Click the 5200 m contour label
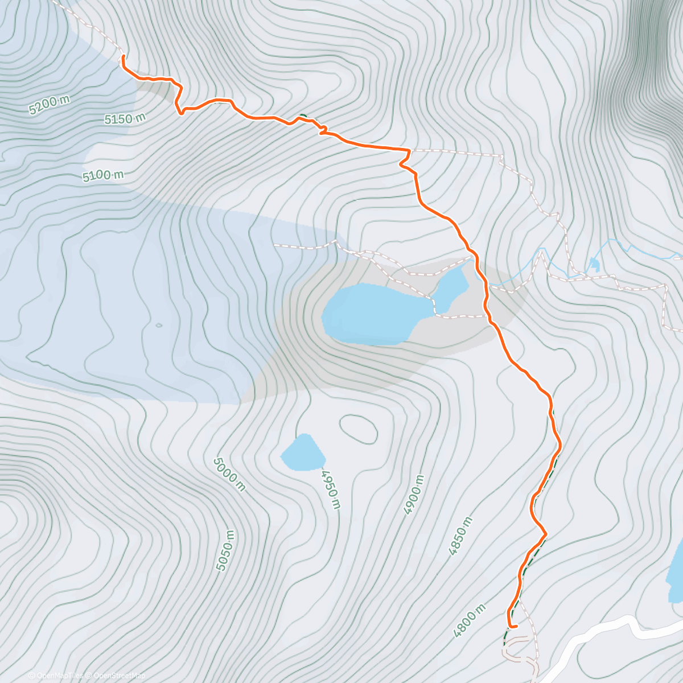[x=49, y=105]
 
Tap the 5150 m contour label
[x=125, y=119]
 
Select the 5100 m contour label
[x=103, y=175]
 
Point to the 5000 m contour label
[x=229, y=474]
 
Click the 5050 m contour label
[x=225, y=550]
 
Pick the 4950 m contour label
[x=331, y=489]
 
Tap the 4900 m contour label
[x=414, y=495]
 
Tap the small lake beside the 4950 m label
[x=302, y=453]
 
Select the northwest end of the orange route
[x=122, y=56]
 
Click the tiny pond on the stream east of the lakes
[x=594, y=264]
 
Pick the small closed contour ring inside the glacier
[x=158, y=326]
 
